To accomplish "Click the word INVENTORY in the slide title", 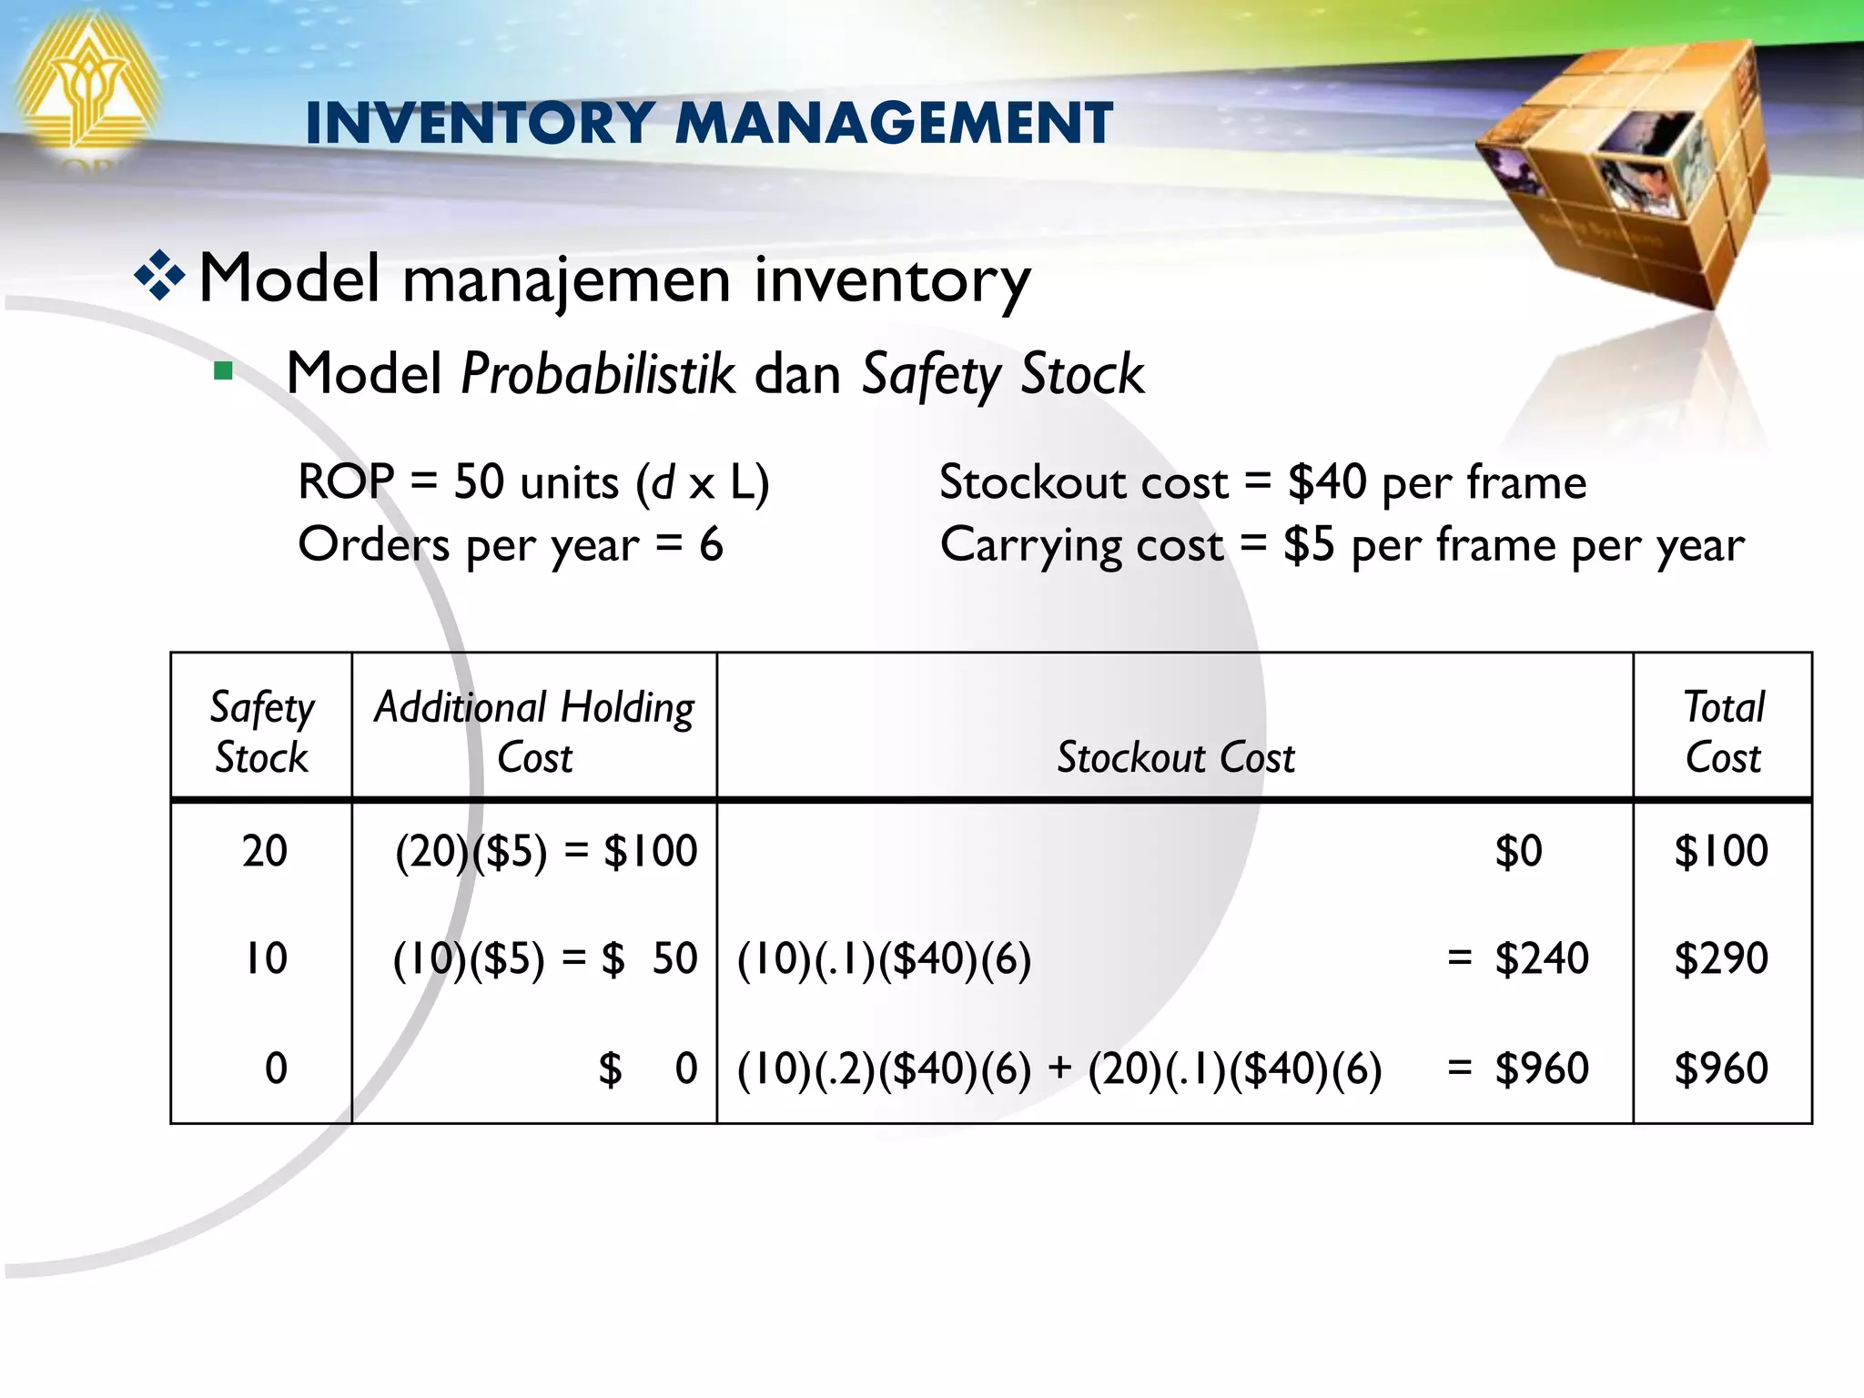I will (480, 123).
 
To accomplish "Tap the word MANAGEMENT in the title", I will (894, 123).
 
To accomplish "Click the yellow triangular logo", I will (86, 86).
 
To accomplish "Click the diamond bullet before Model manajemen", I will (159, 275).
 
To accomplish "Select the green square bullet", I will (223, 371).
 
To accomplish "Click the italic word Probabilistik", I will (598, 373).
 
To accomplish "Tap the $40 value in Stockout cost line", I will (1326, 481).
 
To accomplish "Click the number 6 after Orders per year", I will (711, 544).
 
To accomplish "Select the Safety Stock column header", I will (262, 732).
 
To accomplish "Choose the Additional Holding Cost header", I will (534, 732).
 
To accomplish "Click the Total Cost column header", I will (1723, 732).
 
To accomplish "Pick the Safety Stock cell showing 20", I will (265, 851).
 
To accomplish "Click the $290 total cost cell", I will (1721, 958).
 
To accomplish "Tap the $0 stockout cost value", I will (1518, 851).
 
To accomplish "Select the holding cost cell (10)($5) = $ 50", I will (545, 958).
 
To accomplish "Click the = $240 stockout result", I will (1518, 958).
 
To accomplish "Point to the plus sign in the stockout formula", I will (1059, 1068).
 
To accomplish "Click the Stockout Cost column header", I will (1175, 757).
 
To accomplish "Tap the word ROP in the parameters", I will (346, 481).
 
